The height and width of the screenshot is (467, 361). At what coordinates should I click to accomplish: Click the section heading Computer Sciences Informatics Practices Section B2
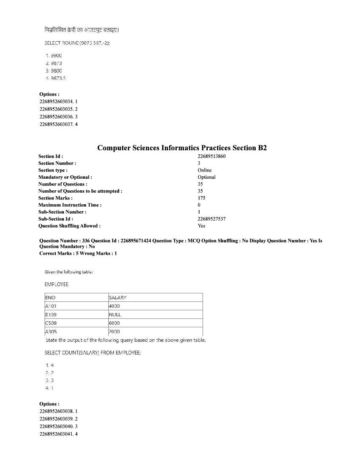coord(182,148)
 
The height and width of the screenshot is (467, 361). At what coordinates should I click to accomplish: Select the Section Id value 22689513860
coord(212,156)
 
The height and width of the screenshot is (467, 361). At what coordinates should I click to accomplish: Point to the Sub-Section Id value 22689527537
coord(212,219)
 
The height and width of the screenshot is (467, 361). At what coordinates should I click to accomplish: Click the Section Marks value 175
coord(201,198)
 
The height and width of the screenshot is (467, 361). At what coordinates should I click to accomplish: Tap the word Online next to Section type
coord(204,170)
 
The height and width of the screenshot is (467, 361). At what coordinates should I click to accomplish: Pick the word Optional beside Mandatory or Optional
coord(206,177)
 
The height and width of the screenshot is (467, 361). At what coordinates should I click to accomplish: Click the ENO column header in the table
coord(50,298)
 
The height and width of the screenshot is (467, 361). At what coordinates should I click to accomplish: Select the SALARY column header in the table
coord(117,298)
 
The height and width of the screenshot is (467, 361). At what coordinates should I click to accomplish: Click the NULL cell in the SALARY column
coord(115,315)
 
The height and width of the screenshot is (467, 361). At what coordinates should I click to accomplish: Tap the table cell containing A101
coord(51,306)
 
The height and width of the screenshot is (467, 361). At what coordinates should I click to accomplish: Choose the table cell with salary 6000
coord(114,323)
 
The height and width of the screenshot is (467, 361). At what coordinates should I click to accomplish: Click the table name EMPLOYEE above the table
coord(56,284)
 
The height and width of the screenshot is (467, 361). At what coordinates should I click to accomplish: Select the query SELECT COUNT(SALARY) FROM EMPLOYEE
coord(93,353)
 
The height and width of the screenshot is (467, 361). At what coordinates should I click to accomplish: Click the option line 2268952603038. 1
coord(58,411)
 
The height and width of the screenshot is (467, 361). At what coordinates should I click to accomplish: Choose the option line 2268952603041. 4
coord(58,434)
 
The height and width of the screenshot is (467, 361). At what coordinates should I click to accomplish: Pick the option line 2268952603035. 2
coord(58,109)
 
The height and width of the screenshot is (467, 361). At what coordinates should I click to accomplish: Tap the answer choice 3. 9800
coord(54,71)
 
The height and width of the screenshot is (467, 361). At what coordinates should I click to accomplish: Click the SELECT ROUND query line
coord(77,43)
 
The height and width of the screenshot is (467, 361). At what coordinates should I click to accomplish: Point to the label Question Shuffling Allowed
coord(69,226)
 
